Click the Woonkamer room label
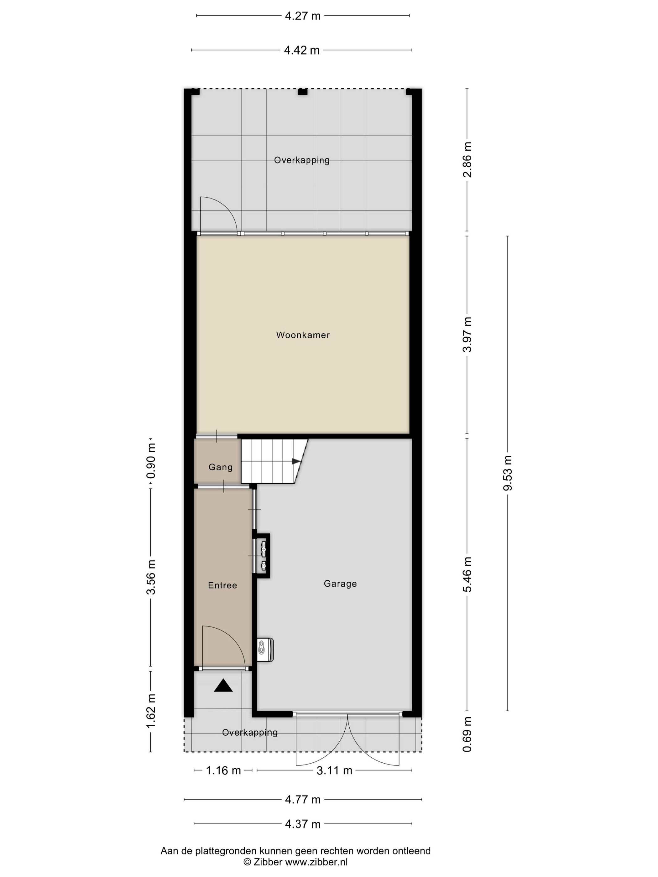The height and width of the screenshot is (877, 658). point(303,335)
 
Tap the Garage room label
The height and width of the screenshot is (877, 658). point(340,584)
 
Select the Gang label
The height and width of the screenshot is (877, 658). point(221,467)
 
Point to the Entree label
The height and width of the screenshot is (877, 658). point(222,585)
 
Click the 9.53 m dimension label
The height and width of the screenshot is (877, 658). point(508,473)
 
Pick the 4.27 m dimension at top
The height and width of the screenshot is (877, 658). point(303,16)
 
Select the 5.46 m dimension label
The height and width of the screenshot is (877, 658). point(467,574)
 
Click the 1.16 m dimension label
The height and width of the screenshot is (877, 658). point(223,770)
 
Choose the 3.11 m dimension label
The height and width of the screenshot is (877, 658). point(334,770)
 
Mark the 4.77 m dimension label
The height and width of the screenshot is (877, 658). point(303,799)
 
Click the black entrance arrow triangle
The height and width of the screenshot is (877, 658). point(223,686)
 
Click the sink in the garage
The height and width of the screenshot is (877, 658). point(265,649)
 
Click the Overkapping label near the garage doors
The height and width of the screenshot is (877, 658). point(250,732)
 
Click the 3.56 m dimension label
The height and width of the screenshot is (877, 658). point(151,577)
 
